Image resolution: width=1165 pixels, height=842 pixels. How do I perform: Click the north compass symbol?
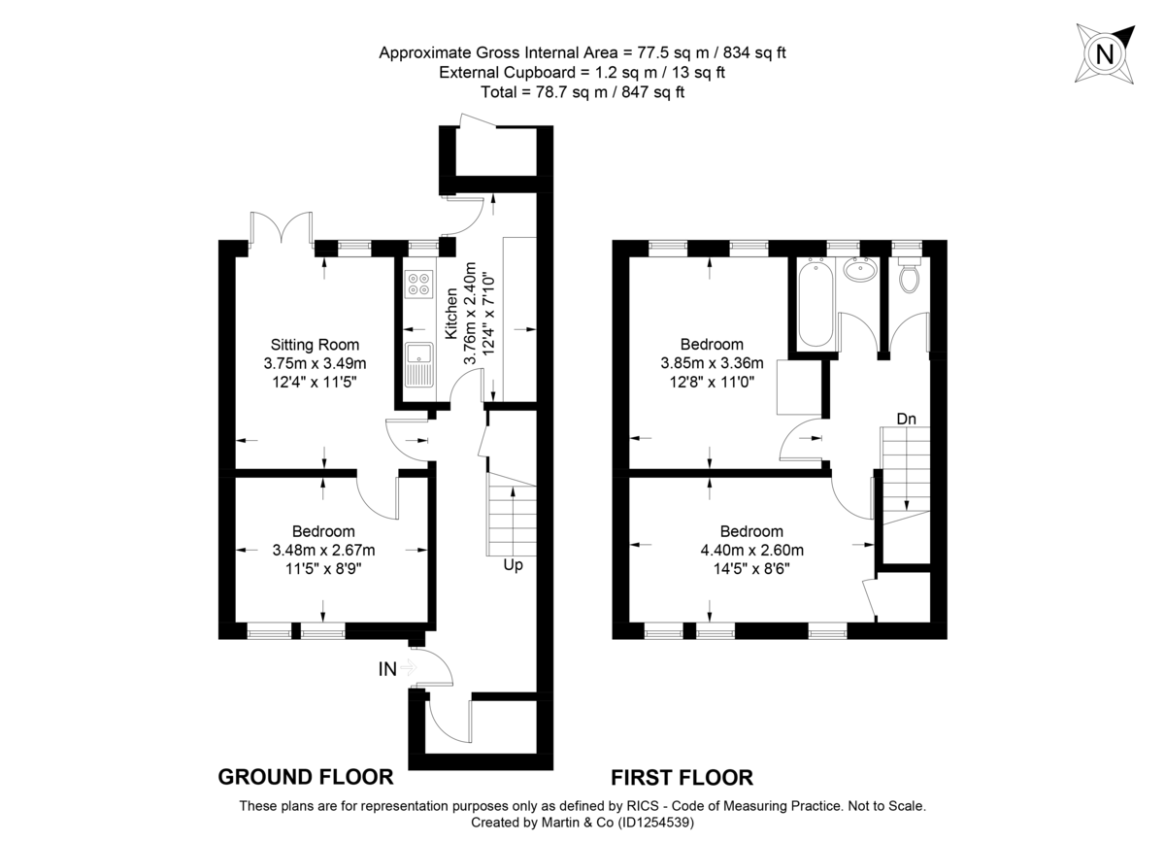click(x=1105, y=53)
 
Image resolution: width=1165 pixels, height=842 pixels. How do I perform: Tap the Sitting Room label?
click(x=315, y=344)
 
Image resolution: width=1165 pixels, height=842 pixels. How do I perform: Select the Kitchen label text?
click(x=451, y=313)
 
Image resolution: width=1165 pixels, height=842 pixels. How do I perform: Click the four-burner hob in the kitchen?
click(x=420, y=284)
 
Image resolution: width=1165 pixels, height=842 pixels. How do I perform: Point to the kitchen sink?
click(x=419, y=364)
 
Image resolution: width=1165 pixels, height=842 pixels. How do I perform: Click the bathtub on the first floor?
click(x=814, y=305)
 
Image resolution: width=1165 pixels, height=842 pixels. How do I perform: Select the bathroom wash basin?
click(x=858, y=270)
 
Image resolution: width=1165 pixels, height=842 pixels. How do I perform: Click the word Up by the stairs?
click(x=513, y=564)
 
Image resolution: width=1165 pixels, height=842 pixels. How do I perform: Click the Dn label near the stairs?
click(x=907, y=419)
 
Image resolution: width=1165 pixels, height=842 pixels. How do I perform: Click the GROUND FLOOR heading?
click(x=305, y=777)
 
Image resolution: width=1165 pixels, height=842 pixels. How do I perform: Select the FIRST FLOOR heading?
click(x=682, y=777)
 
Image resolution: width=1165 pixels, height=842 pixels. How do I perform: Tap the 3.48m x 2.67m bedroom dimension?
click(x=323, y=551)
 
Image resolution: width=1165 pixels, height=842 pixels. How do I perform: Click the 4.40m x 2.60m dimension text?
click(x=751, y=551)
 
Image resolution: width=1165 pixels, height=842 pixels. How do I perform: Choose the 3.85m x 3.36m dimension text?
click(x=712, y=363)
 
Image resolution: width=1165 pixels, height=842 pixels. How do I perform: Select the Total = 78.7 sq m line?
click(x=582, y=92)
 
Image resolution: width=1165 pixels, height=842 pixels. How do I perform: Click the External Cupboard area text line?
click(x=582, y=73)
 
